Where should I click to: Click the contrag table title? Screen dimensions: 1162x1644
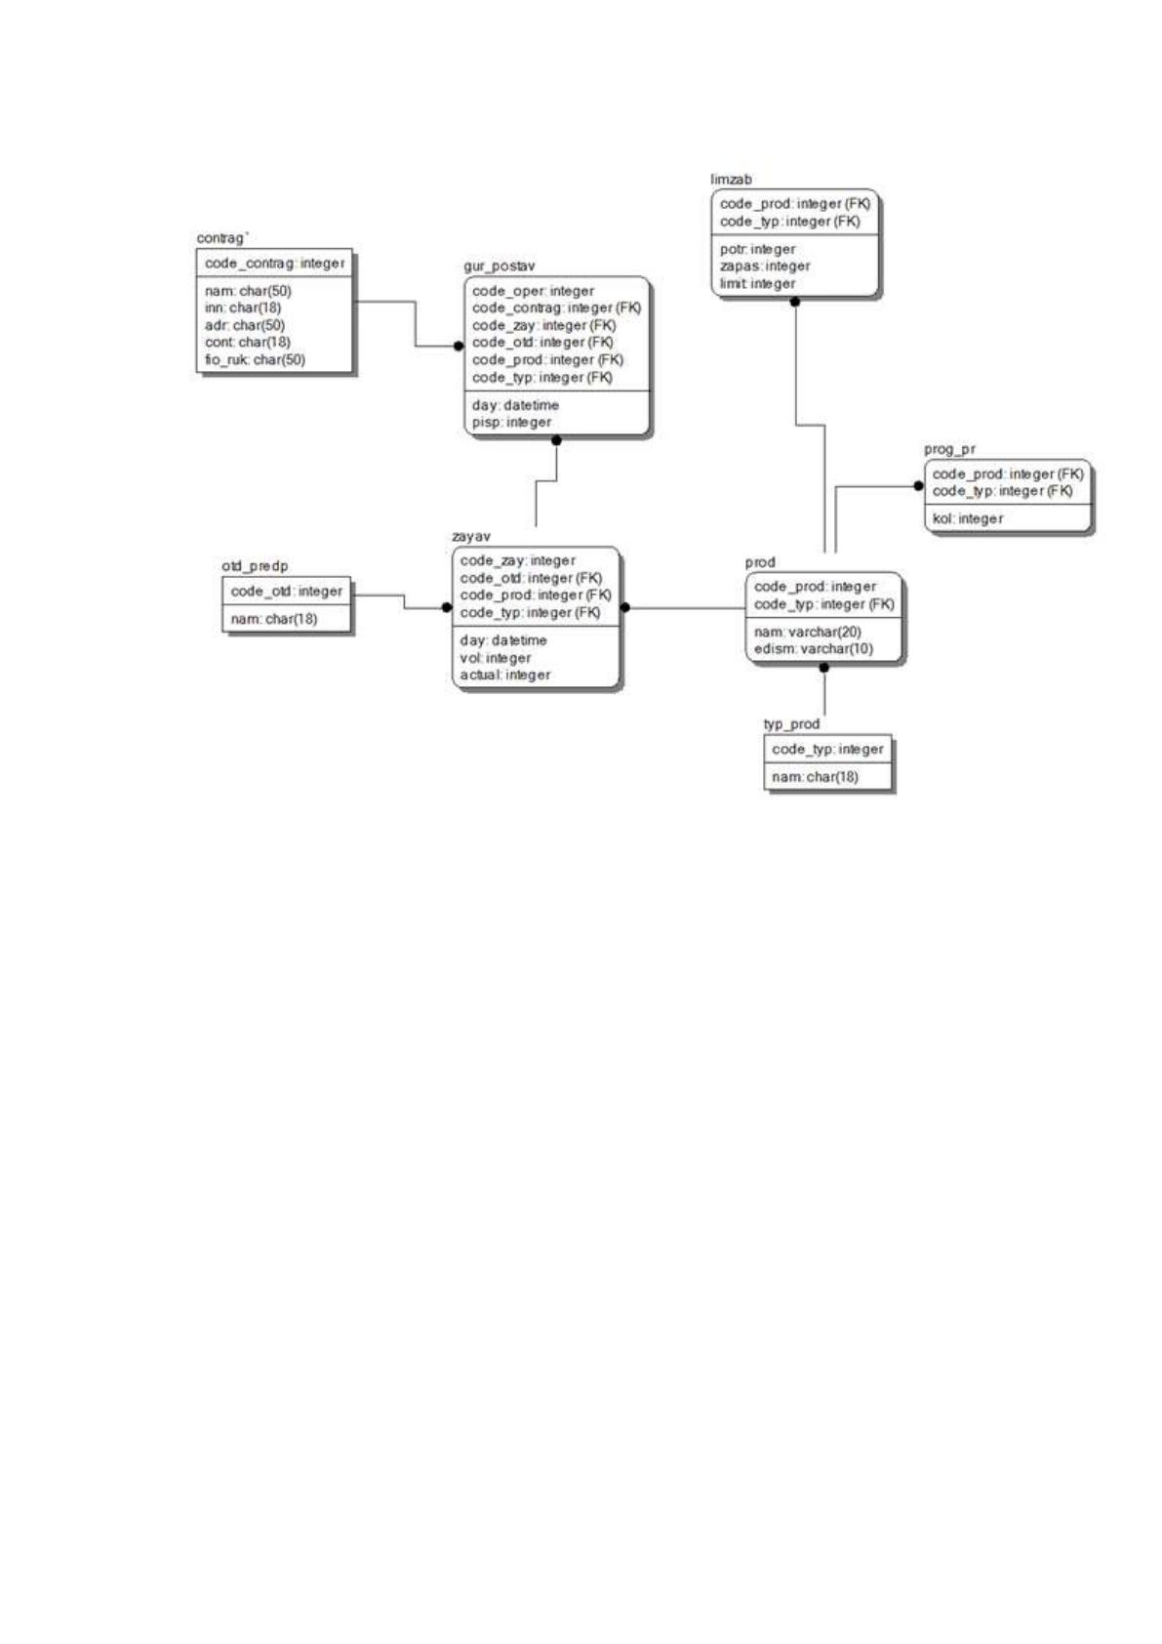[220, 238]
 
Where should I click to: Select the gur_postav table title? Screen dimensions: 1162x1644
[499, 267]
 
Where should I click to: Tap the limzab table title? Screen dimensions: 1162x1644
[731, 179]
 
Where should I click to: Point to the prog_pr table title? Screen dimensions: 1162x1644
[949, 449]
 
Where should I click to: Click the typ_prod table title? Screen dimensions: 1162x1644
[791, 724]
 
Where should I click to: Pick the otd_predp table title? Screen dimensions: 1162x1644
[255, 566]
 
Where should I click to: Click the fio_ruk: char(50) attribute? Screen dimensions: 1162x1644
[255, 359]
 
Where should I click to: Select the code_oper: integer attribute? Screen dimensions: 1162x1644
[533, 291]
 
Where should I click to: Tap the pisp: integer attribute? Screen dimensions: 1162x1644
[511, 423]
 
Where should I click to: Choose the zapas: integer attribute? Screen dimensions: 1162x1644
[764, 267]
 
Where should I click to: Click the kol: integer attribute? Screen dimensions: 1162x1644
[968, 519]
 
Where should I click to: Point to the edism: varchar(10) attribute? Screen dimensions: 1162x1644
[813, 649]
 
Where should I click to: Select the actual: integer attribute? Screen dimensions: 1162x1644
[504, 676]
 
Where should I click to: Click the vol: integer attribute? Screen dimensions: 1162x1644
[496, 658]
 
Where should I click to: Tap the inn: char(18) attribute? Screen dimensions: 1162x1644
[243, 308]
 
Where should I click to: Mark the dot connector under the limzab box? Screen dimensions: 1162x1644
[795, 302]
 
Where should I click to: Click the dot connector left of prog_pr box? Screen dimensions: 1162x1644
[918, 486]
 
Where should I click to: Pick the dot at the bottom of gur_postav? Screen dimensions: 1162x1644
[557, 440]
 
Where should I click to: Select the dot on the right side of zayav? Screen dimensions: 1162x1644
[625, 607]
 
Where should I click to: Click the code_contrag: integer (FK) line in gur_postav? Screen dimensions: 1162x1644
[556, 308]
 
